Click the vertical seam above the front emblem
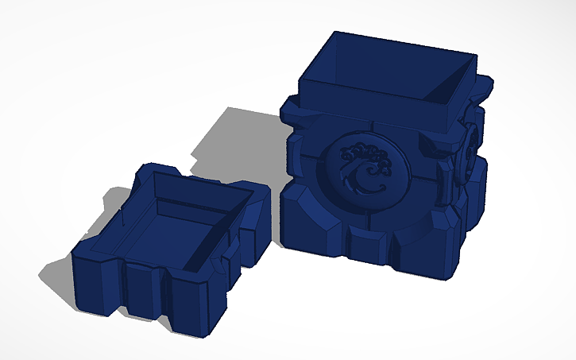[x=373, y=129]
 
